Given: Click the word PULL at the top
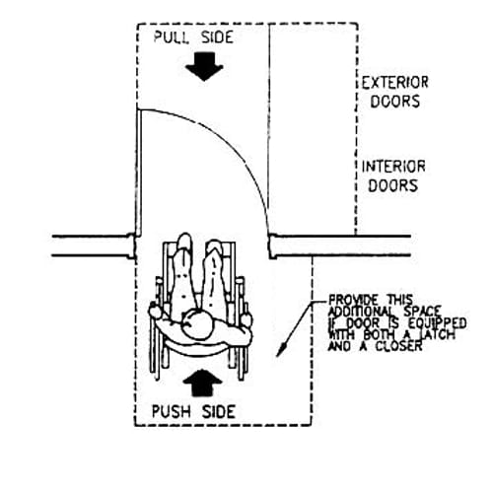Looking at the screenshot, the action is coord(172,37).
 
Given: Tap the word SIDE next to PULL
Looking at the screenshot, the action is coord(217,37).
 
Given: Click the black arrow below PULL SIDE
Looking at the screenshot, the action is coord(204,67).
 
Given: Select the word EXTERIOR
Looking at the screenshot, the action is coord(395,83).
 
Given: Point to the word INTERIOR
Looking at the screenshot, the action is coord(393,167).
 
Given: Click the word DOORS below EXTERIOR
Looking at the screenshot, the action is coord(395,102).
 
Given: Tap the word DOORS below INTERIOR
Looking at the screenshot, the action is coord(393,185).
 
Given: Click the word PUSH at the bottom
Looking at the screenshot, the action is coord(171,411).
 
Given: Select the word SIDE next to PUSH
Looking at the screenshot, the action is coord(219,411).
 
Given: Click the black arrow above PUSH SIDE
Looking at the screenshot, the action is coord(203,383).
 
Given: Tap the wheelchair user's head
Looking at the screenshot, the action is coord(198,324).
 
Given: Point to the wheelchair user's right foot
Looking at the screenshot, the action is coord(214,247).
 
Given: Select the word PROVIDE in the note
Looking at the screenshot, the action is coord(354,300).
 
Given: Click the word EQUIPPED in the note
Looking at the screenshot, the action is coord(437,323).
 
